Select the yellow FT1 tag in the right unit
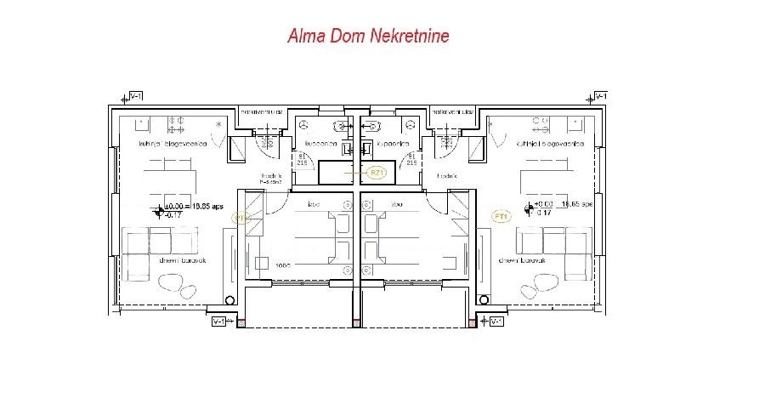coord(501,218)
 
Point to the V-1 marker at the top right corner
coord(600,96)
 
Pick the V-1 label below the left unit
coord(220,322)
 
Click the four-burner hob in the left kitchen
coord(178,125)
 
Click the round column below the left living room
coord(229,299)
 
